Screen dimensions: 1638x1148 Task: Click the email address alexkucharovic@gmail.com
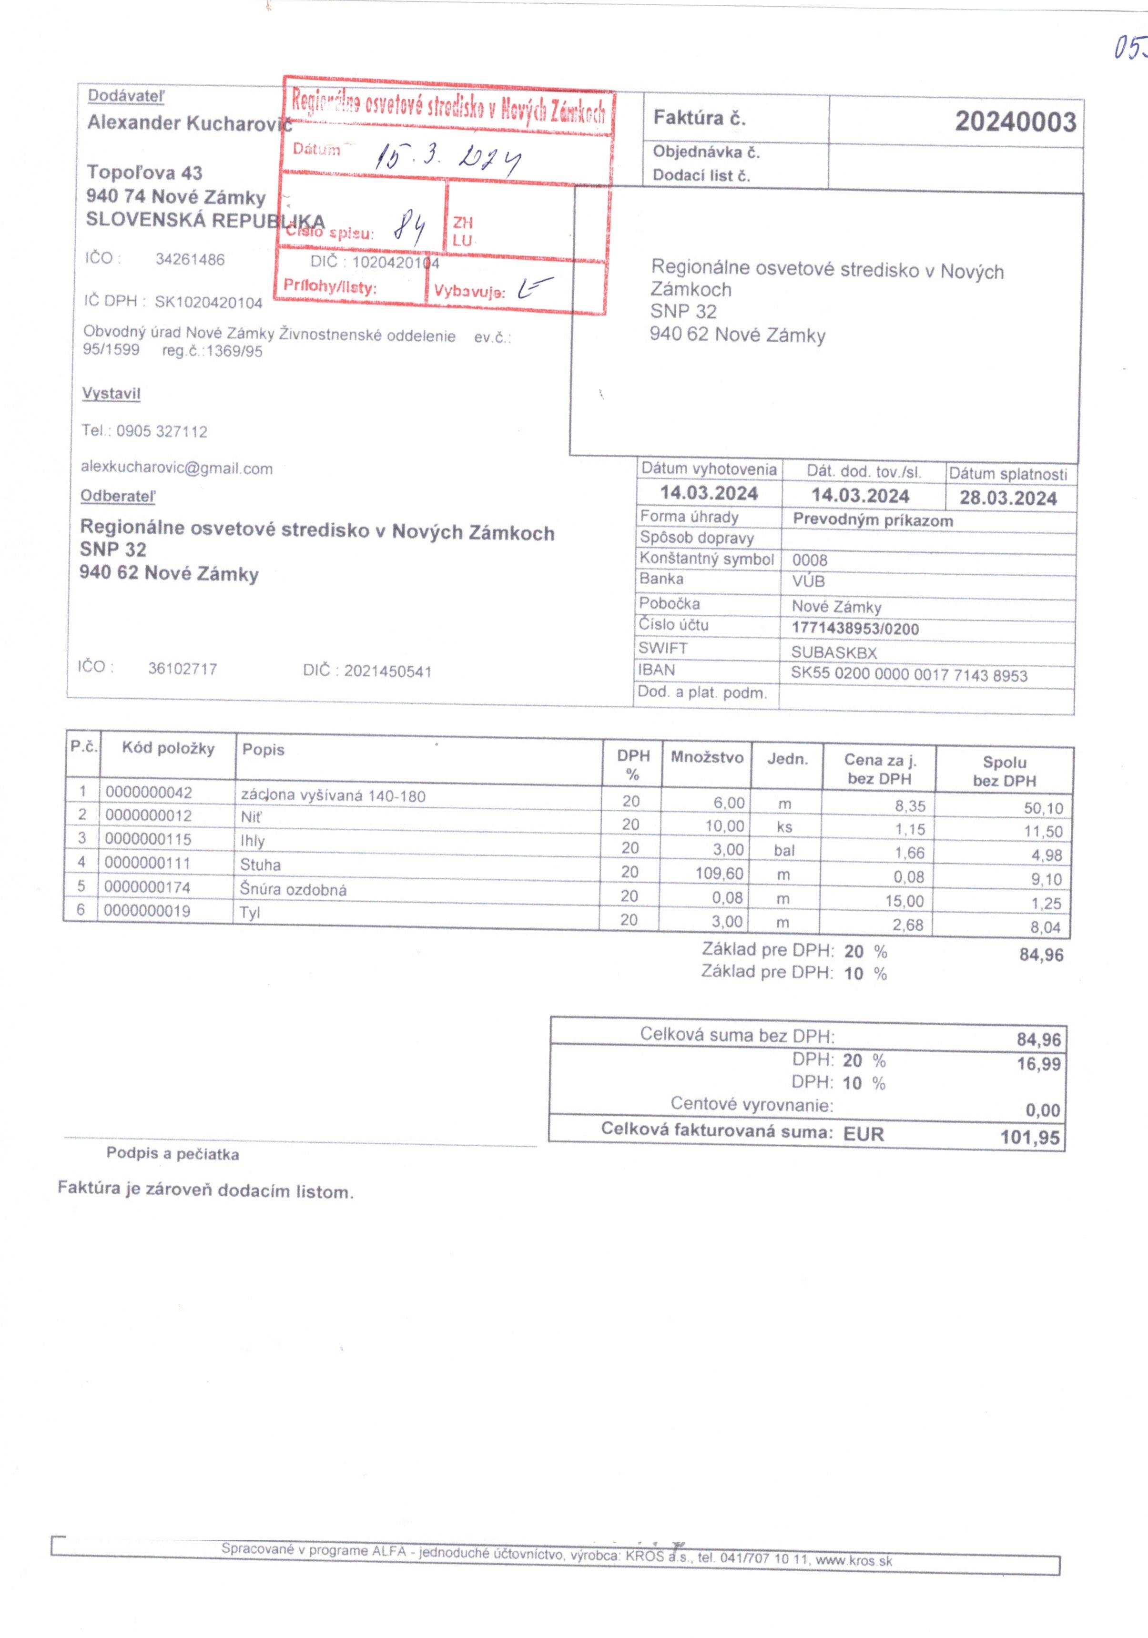[x=176, y=468]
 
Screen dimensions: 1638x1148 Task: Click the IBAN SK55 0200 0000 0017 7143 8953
[x=908, y=675]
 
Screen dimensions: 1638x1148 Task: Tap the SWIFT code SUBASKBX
[x=833, y=652]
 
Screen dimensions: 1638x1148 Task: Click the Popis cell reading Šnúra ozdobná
[x=293, y=889]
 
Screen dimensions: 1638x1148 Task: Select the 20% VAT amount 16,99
[x=1038, y=1064]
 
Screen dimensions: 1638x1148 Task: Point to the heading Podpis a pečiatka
[x=173, y=1154]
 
